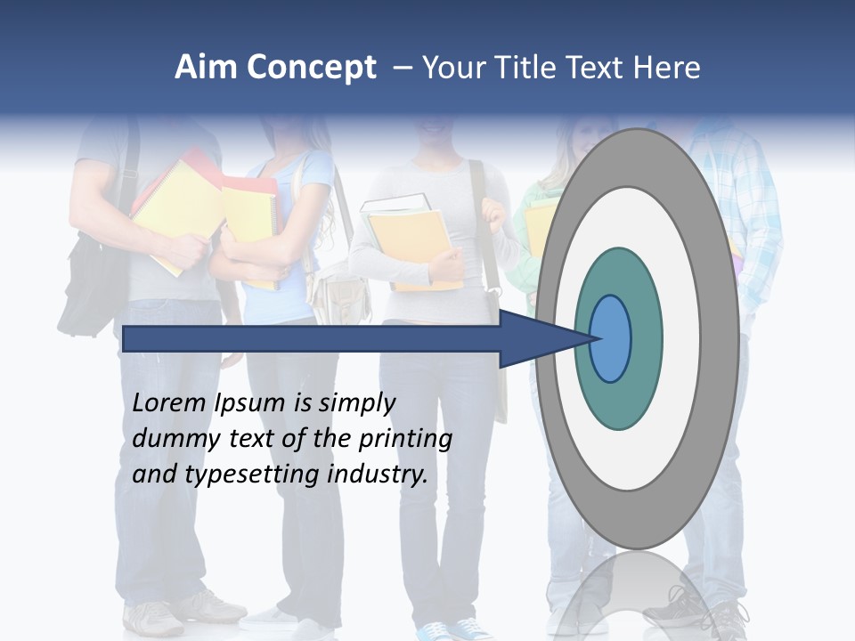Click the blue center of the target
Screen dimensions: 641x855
click(x=611, y=338)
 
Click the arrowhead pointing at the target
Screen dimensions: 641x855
click(x=543, y=338)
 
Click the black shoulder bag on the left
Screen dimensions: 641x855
click(x=90, y=285)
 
